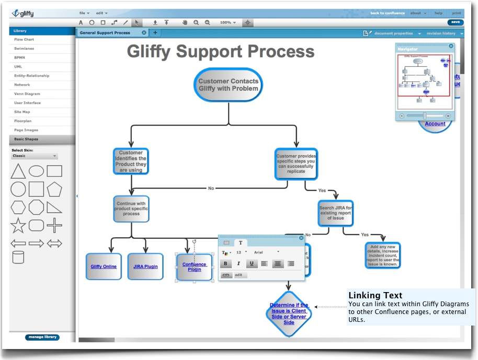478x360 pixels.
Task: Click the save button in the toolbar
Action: coord(455,22)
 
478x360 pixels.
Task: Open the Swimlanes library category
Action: coord(24,49)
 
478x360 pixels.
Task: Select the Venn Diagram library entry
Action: coord(27,94)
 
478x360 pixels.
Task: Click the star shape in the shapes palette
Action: coord(18,226)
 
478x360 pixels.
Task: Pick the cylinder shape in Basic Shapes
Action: coord(18,257)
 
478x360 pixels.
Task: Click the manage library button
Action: coord(42,337)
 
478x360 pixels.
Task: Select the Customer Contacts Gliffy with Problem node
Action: coord(228,85)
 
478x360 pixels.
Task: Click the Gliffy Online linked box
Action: coord(104,266)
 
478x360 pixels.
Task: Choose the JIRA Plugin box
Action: coord(145,266)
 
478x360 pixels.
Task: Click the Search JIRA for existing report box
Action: coord(336,213)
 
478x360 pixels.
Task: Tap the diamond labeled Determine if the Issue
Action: coord(289,313)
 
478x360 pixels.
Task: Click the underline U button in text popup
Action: coord(252,264)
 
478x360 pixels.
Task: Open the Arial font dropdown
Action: coord(267,252)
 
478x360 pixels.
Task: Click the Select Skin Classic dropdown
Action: coord(35,156)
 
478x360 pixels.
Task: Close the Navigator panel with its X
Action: coord(451,47)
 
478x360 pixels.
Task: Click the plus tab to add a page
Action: coord(155,33)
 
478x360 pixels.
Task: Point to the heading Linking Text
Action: coord(375,296)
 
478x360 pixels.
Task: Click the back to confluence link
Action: coord(388,13)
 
